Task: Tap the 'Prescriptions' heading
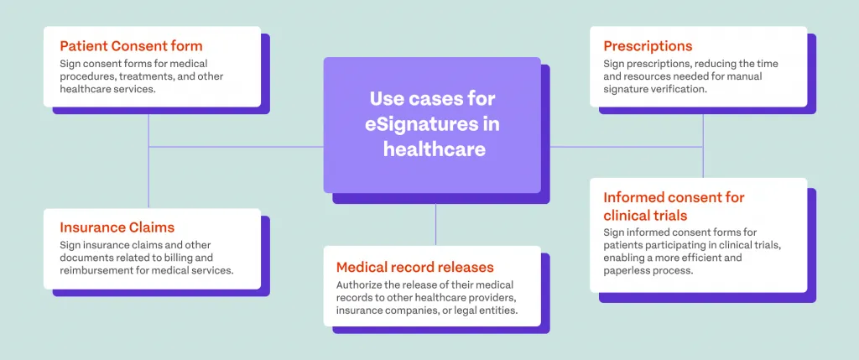point(648,45)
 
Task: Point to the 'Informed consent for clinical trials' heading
point(674,206)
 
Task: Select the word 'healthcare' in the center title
point(435,149)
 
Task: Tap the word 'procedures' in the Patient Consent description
point(87,76)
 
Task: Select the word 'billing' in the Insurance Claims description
point(190,258)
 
